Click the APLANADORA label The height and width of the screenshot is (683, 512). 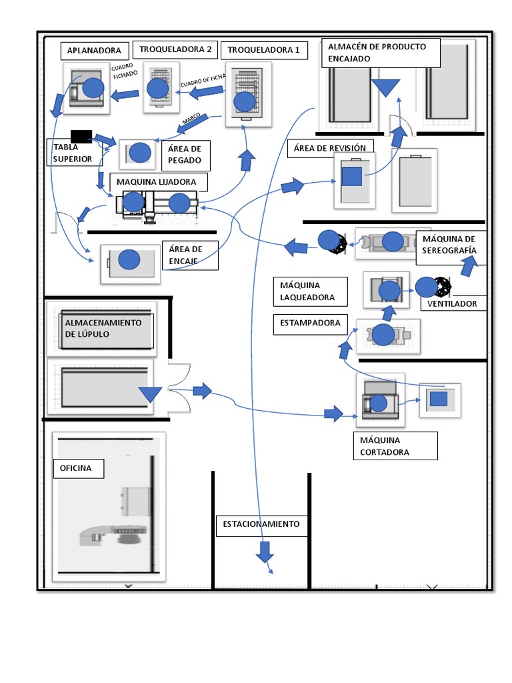pyautogui.click(x=94, y=51)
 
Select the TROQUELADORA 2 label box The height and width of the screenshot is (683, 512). pyautogui.click(x=175, y=49)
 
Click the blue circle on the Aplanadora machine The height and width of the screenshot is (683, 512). pyautogui.click(x=93, y=87)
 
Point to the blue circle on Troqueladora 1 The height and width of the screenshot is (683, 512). pyautogui.click(x=245, y=101)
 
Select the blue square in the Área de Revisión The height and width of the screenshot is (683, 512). pyautogui.click(x=351, y=176)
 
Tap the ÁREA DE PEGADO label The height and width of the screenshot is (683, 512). pyautogui.click(x=185, y=155)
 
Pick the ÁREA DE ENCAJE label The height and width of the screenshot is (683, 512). pyautogui.click(x=190, y=255)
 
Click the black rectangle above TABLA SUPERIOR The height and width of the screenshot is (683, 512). pyautogui.click(x=81, y=135)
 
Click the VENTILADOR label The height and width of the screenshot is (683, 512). pyautogui.click(x=453, y=303)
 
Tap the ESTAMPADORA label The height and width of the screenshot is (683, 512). pyautogui.click(x=311, y=323)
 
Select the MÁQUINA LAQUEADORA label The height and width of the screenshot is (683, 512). pyautogui.click(x=310, y=291)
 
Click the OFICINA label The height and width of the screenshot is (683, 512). pyautogui.click(x=79, y=469)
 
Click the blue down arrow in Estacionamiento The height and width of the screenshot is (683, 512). pyautogui.click(x=265, y=552)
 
